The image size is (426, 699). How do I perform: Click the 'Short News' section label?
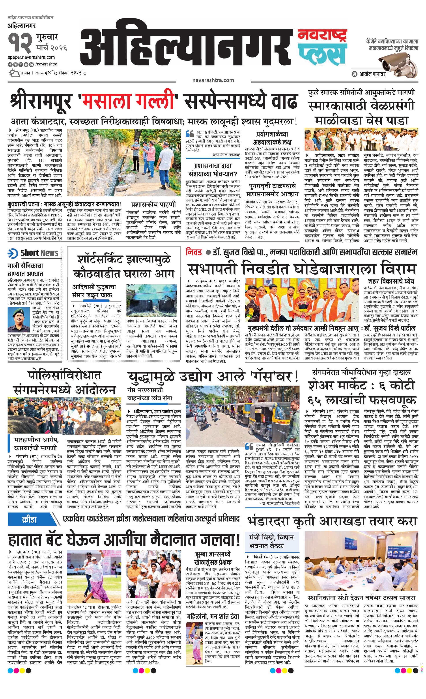pyautogui.click(x=39, y=253)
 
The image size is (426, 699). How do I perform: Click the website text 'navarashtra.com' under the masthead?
pyautogui.click(x=213, y=80)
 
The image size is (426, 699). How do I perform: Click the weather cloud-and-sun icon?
pyautogui.click(x=14, y=73)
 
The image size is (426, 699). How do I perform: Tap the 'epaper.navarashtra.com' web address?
pyautogui.click(x=31, y=57)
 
